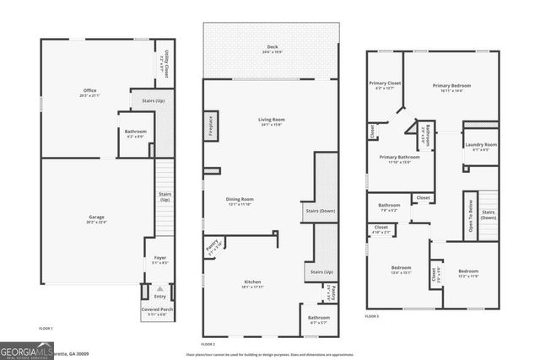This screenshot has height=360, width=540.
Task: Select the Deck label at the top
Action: pos(272,47)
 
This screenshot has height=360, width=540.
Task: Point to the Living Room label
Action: pos(272,121)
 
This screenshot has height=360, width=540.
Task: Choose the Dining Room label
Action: pos(240,200)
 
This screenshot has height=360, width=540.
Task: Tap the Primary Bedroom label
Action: pos(451,87)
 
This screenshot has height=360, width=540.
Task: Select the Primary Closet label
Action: pos(385,84)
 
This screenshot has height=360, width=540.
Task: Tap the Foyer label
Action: pos(159,261)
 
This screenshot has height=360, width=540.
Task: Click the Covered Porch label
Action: pos(157,310)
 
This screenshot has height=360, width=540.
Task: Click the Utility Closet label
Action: pos(167,60)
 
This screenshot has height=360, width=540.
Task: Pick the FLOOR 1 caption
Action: pos(46,327)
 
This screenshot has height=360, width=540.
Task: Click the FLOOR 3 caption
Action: pos(372,315)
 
